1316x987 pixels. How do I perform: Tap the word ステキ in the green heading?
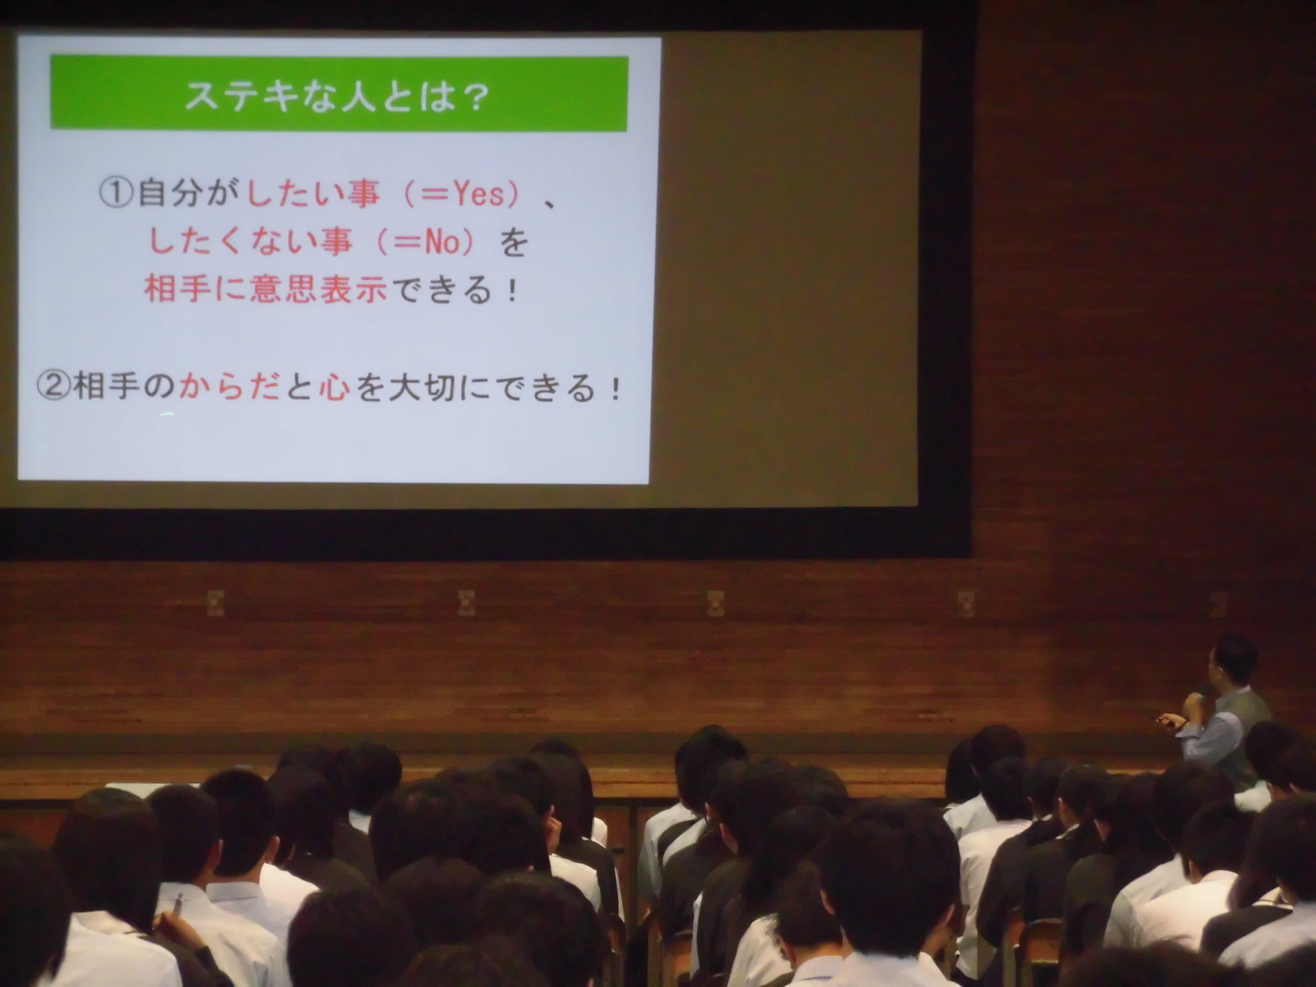click(x=240, y=96)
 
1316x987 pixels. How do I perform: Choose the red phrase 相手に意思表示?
click(x=265, y=290)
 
